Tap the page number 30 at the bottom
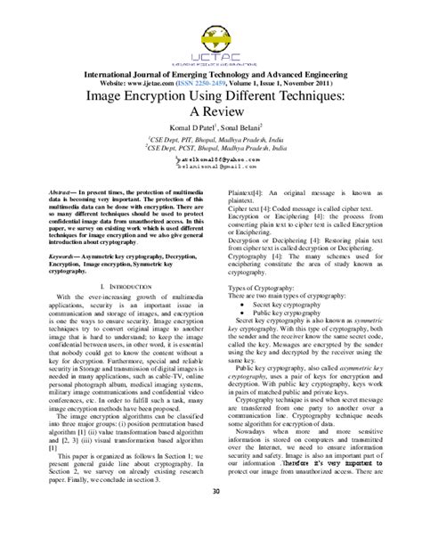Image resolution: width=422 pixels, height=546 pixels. (x=211, y=517)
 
